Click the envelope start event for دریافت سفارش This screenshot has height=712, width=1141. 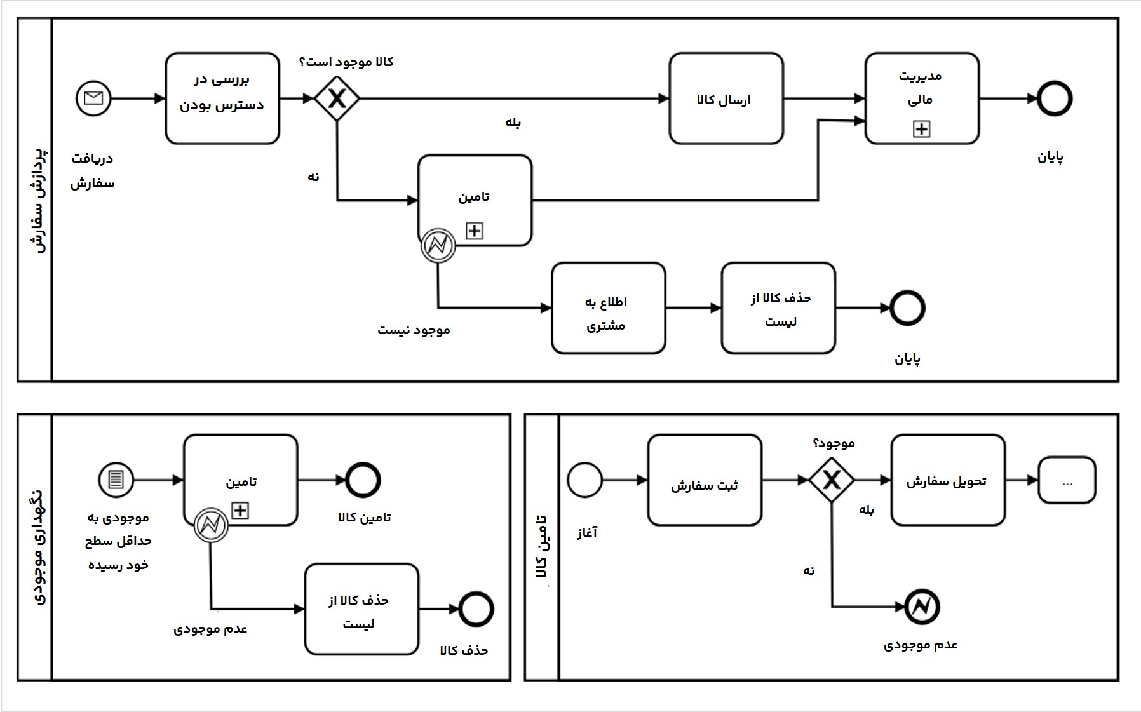click(93, 98)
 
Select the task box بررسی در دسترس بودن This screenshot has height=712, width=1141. click(222, 98)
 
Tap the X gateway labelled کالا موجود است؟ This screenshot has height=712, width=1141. click(337, 98)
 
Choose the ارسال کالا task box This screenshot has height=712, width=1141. click(726, 98)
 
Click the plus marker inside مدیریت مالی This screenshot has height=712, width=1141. click(921, 129)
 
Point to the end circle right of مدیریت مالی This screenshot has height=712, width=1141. click(1054, 98)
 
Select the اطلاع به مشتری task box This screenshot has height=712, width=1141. click(608, 308)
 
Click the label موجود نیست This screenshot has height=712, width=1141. click(414, 330)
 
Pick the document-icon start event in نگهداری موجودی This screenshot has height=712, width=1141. click(116, 480)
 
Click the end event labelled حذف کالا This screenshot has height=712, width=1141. click(476, 609)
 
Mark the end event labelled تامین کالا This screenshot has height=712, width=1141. click(363, 480)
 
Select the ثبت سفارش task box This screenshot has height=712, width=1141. click(705, 480)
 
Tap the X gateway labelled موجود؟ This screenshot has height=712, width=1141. click(832, 480)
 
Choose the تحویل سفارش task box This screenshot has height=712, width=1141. click(947, 480)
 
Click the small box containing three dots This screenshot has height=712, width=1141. click(1067, 480)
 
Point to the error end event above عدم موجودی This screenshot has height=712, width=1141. click(921, 607)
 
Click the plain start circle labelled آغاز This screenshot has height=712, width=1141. click(584, 480)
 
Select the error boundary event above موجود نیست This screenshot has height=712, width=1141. click(438, 245)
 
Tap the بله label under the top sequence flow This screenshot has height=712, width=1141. click(513, 123)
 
